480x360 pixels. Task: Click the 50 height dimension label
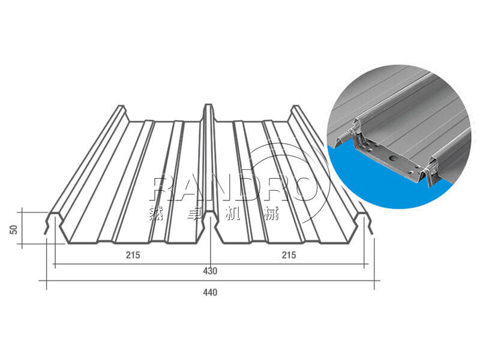14,230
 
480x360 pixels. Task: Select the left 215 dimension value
133,254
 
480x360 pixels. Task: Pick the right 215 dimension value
289,254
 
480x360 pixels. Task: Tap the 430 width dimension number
210,271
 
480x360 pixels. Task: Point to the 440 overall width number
210,292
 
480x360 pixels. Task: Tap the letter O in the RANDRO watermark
309,189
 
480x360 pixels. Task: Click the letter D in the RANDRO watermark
251,189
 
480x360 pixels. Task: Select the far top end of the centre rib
208,106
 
